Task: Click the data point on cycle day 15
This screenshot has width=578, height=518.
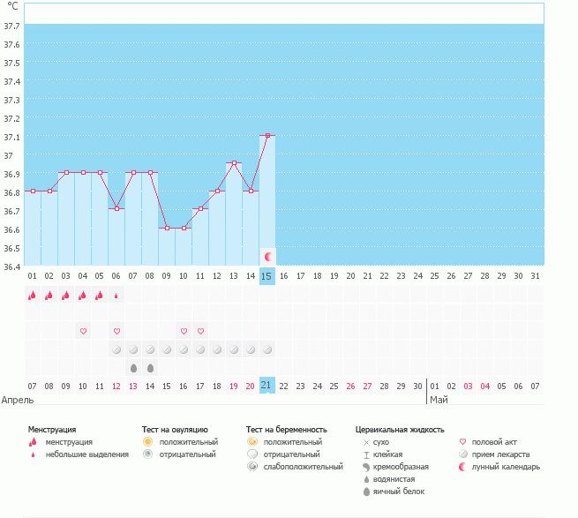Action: pyautogui.click(x=267, y=136)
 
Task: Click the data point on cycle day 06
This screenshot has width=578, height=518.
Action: pyautogui.click(x=116, y=208)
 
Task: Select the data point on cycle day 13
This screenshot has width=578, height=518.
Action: pyautogui.click(x=234, y=163)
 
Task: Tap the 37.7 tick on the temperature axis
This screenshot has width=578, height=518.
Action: pyautogui.click(x=13, y=26)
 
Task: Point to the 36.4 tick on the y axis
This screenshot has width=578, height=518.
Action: pyautogui.click(x=13, y=266)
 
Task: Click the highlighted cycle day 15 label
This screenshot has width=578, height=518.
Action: pyautogui.click(x=267, y=276)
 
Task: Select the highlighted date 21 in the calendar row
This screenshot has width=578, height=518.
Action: pyautogui.click(x=267, y=386)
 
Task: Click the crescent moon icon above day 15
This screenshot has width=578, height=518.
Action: pyautogui.click(x=268, y=256)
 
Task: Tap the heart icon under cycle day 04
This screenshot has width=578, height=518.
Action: pyautogui.click(x=83, y=331)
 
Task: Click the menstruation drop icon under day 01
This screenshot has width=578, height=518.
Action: pyautogui.click(x=33, y=296)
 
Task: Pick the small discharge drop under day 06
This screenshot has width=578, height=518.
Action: pyautogui.click(x=116, y=296)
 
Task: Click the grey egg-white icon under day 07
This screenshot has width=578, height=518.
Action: pyautogui.click(x=133, y=367)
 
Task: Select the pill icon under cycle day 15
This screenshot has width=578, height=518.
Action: pyautogui.click(x=267, y=349)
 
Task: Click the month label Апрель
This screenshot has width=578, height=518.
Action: pyautogui.click(x=18, y=400)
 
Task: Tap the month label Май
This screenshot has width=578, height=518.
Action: pyautogui.click(x=439, y=400)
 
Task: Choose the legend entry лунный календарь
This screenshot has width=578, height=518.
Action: pyautogui.click(x=506, y=466)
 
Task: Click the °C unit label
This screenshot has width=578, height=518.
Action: pyautogui.click(x=12, y=6)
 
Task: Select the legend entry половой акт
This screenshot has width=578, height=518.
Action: pyautogui.click(x=497, y=441)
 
